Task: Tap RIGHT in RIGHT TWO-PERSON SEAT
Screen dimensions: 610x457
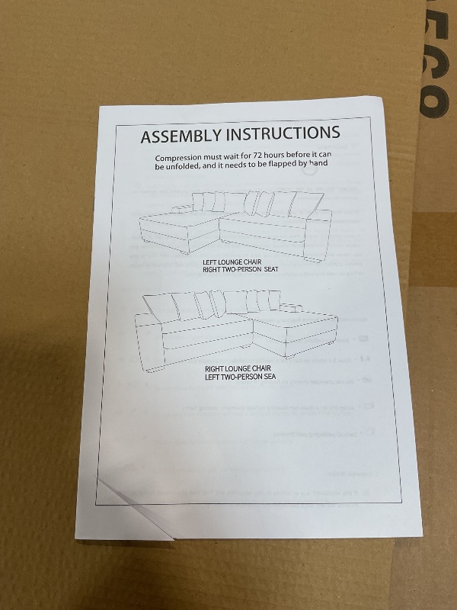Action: pos(212,270)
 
